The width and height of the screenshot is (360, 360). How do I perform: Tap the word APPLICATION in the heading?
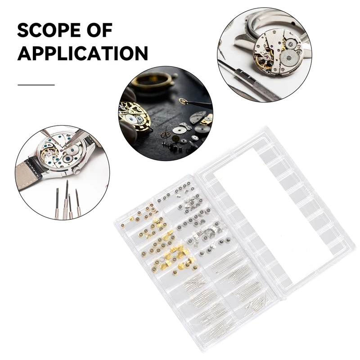click(83, 54)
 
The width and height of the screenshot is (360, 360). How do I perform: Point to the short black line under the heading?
click(36, 84)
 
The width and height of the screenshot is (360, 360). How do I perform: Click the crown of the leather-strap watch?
click(77, 170)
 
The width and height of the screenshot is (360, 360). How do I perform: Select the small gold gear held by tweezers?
click(182, 101)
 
